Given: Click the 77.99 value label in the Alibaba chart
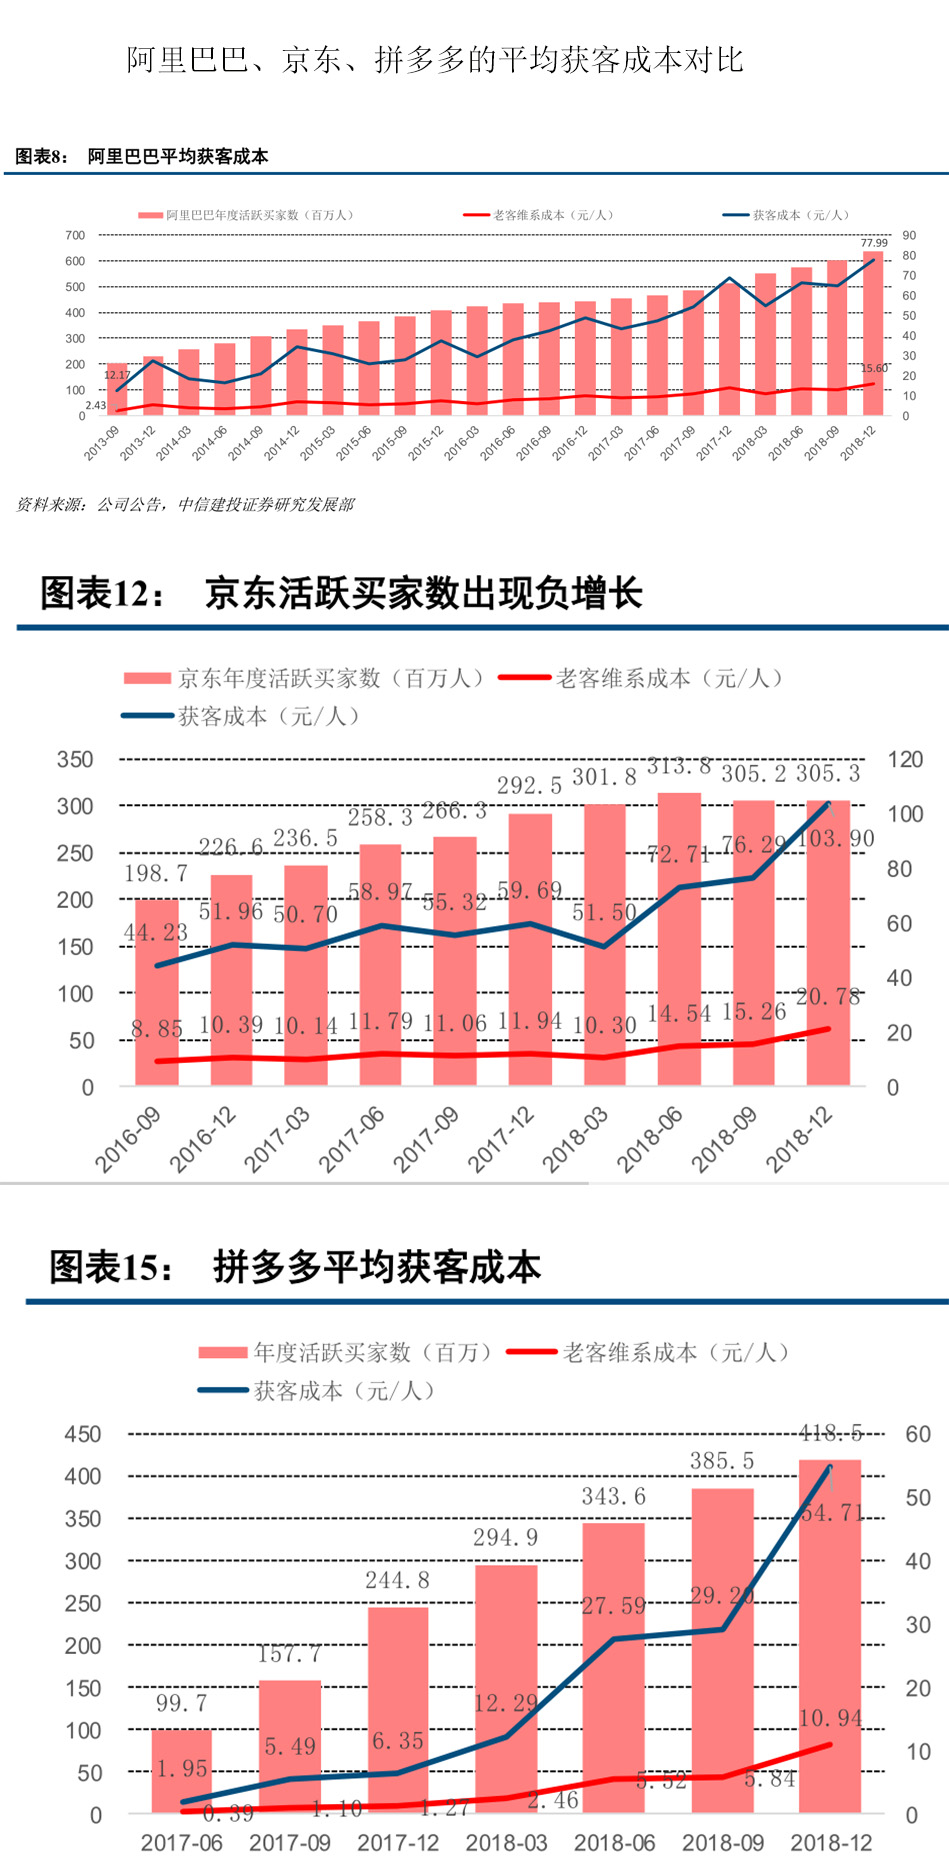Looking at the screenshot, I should click(x=873, y=243).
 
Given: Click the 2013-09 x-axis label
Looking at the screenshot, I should click(x=102, y=442).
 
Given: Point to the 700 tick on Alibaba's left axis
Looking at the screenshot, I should click(x=75, y=235).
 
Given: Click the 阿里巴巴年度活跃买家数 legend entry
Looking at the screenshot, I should click(x=246, y=215).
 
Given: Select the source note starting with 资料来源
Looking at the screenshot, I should click(x=185, y=505).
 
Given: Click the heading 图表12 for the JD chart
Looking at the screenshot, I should click(x=340, y=593).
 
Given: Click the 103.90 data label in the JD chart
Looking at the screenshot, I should click(x=835, y=838).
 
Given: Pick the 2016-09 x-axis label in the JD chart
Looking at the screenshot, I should click(x=128, y=1139).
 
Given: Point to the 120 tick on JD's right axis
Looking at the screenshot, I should click(x=904, y=760).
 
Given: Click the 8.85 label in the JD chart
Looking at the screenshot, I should click(x=157, y=1028).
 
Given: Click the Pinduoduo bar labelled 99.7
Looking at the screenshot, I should click(x=181, y=1770).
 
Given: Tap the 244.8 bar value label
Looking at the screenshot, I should click(x=397, y=1580).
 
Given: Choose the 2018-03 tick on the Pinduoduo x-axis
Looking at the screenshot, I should click(x=506, y=1842).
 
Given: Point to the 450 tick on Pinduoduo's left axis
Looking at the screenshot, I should click(x=83, y=1434).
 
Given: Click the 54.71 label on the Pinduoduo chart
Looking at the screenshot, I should click(x=832, y=1513).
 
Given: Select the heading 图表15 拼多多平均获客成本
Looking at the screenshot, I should click(x=295, y=1267).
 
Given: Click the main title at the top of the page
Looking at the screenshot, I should click(x=435, y=60).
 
